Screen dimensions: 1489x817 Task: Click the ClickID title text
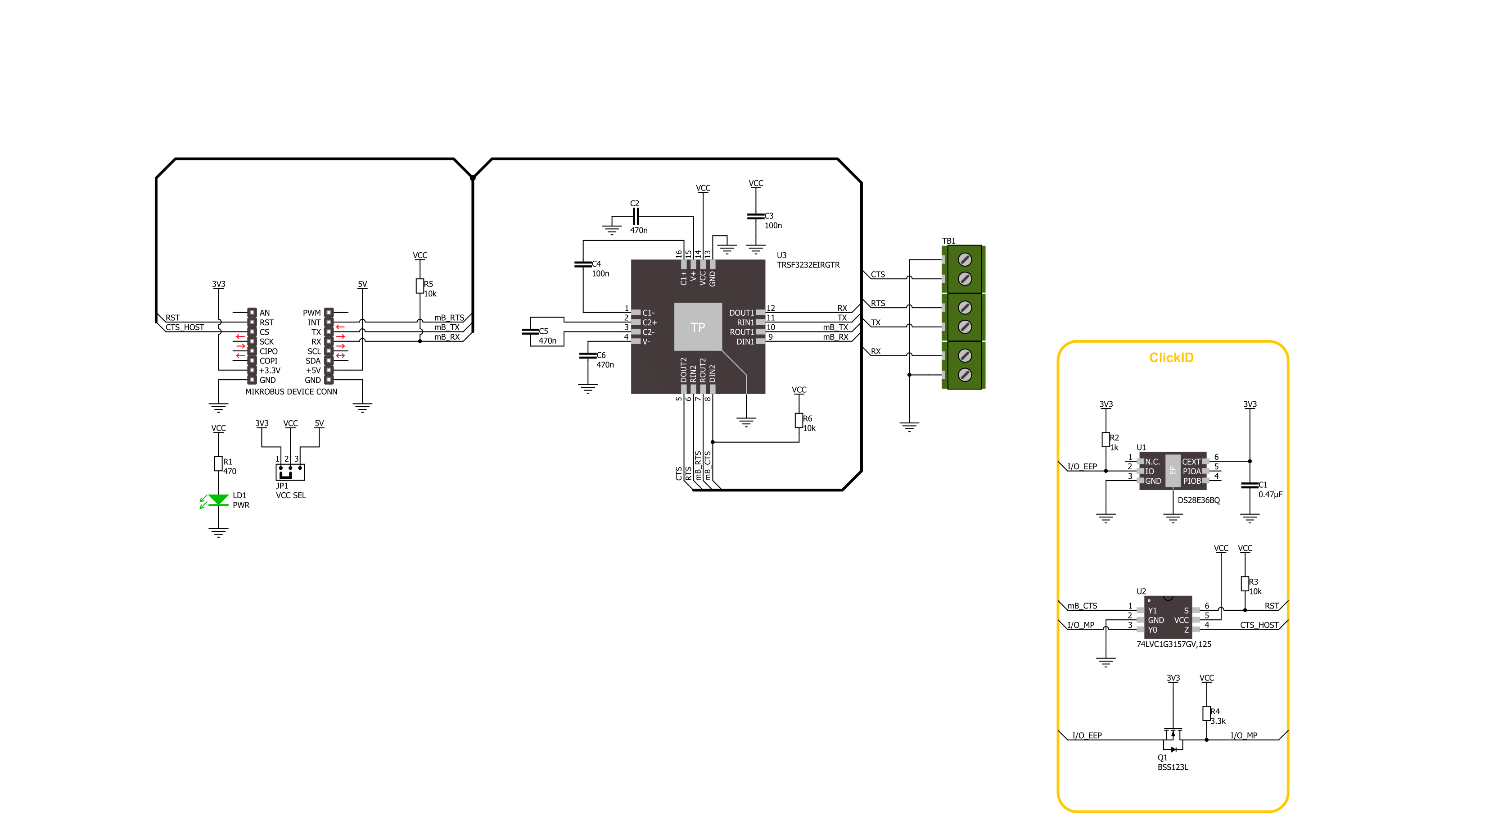1171,357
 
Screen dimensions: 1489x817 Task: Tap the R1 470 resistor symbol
218,463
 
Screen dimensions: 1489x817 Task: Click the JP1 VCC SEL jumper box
290,472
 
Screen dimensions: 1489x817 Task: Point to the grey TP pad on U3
698,327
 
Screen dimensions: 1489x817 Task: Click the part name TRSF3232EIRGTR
808,265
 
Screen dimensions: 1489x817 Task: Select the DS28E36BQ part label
1198,500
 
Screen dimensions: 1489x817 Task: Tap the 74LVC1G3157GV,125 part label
1173,644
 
